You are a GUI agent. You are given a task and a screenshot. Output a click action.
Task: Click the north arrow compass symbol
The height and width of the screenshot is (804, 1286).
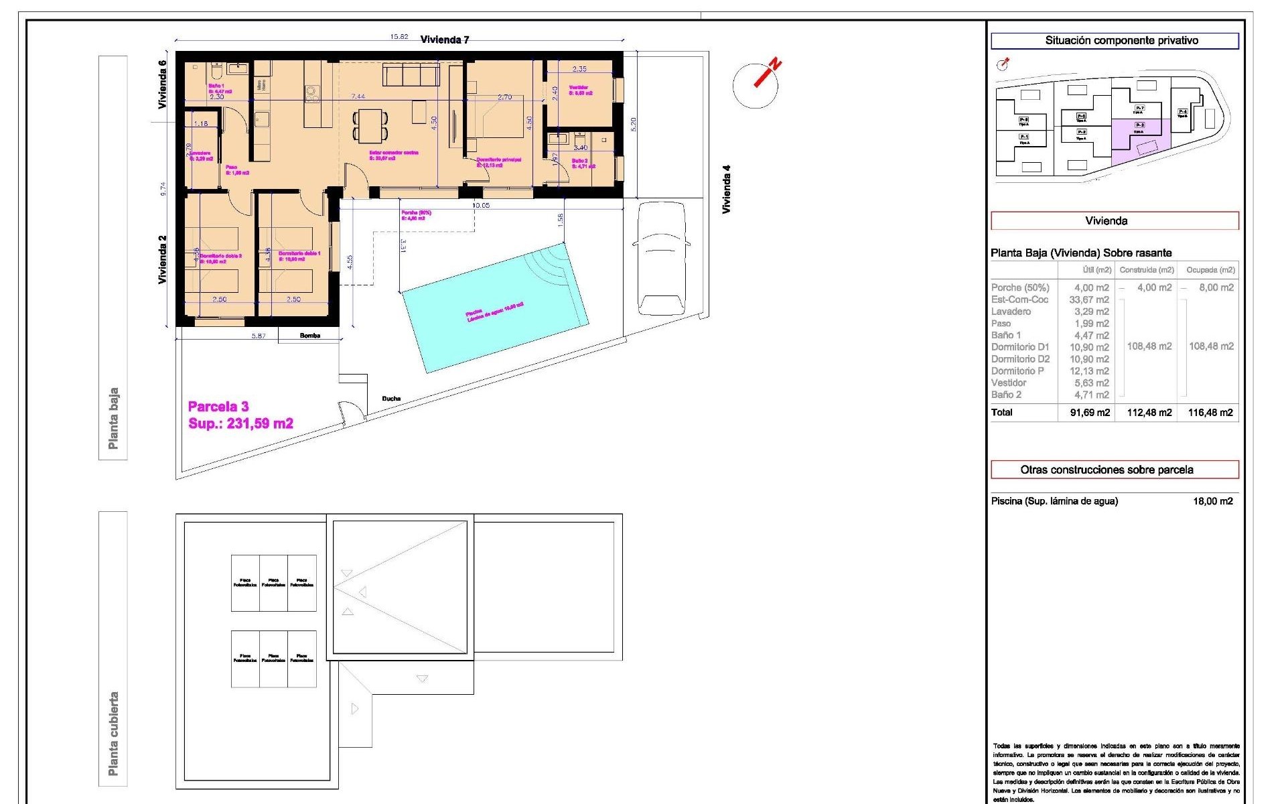click(756, 84)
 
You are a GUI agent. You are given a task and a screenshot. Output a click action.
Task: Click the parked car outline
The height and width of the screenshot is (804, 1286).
click(661, 259)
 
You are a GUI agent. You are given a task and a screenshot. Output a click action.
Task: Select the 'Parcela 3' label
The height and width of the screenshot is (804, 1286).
click(218, 407)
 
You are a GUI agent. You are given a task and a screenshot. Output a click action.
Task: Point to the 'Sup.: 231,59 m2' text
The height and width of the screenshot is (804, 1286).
click(240, 423)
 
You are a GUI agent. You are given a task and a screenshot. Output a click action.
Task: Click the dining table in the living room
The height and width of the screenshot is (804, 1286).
click(370, 125)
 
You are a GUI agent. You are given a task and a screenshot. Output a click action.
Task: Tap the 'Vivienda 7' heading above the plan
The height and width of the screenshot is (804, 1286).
click(445, 40)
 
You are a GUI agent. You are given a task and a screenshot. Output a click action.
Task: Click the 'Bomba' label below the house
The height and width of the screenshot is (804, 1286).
click(310, 336)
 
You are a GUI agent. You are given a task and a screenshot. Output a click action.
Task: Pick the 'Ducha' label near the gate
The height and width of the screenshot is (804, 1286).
click(391, 399)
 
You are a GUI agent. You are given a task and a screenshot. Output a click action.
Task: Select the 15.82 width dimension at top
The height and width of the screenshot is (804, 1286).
click(399, 37)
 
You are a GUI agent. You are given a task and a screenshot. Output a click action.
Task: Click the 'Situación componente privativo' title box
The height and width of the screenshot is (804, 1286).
click(1115, 41)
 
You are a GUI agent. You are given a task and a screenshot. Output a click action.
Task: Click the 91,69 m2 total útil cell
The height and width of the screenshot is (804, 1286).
click(1090, 413)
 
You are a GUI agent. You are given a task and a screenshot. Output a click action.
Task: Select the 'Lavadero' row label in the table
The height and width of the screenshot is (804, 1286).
click(1011, 312)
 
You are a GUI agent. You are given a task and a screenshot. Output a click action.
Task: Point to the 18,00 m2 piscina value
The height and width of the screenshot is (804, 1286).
click(1212, 501)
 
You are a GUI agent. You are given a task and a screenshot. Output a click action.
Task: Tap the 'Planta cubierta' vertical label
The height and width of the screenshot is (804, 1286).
click(113, 734)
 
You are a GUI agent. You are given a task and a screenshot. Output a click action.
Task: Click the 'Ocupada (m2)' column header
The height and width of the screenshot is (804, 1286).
click(1210, 270)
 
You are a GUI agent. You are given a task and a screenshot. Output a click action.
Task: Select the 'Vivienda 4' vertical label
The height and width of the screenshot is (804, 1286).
click(726, 190)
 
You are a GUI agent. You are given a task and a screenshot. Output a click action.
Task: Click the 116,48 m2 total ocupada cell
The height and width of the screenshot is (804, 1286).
click(1210, 413)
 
